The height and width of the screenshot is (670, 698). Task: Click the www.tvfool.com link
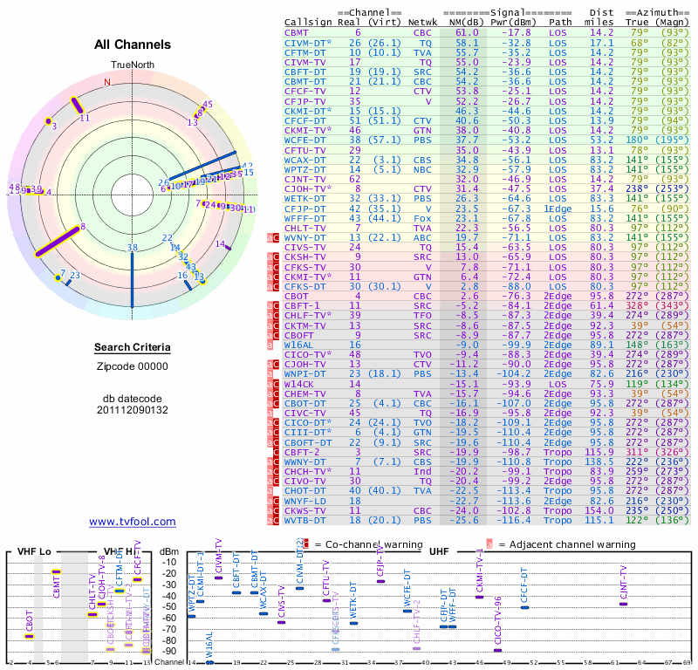(x=132, y=522)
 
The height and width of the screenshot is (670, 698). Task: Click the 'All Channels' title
(x=133, y=44)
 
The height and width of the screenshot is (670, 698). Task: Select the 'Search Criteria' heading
(x=133, y=348)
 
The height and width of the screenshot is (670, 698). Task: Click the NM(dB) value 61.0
(x=466, y=32)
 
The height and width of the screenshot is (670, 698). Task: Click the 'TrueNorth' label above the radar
(x=132, y=66)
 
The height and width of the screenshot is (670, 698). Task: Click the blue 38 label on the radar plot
(x=132, y=248)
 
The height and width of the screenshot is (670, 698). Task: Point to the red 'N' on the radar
(x=107, y=83)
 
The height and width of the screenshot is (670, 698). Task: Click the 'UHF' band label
(x=440, y=552)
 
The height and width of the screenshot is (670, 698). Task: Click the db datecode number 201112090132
(x=133, y=409)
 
